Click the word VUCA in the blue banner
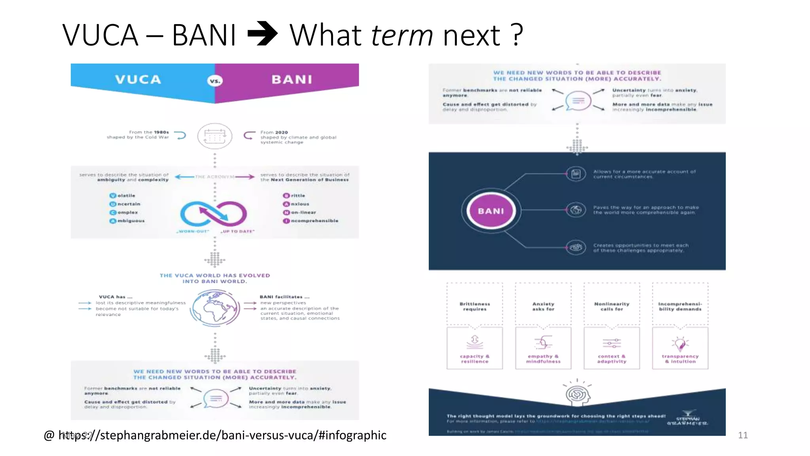(x=138, y=80)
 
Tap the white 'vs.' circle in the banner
(x=215, y=81)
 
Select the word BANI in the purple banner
(x=292, y=80)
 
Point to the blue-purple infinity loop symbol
(x=214, y=214)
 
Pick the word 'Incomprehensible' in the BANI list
(x=311, y=221)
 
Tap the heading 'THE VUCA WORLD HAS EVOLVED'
(x=215, y=275)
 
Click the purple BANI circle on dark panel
(x=491, y=211)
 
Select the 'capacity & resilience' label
(x=475, y=359)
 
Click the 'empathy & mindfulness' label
(x=543, y=359)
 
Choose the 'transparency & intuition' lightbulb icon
(x=680, y=343)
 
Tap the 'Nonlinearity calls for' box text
(x=611, y=306)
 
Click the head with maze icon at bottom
(x=577, y=394)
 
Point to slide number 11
(x=743, y=435)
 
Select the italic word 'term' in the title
(x=402, y=35)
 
